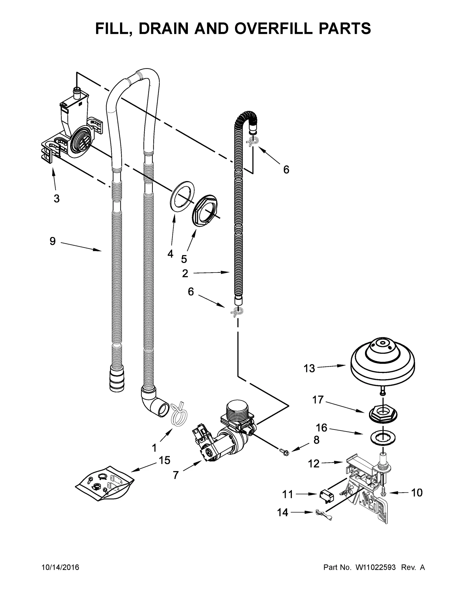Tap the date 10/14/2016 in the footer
pyautogui.click(x=60, y=567)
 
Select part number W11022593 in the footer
pyautogui.click(x=375, y=567)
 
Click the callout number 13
pyautogui.click(x=309, y=369)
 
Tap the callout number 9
pyautogui.click(x=52, y=241)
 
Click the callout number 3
pyautogui.click(x=57, y=199)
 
